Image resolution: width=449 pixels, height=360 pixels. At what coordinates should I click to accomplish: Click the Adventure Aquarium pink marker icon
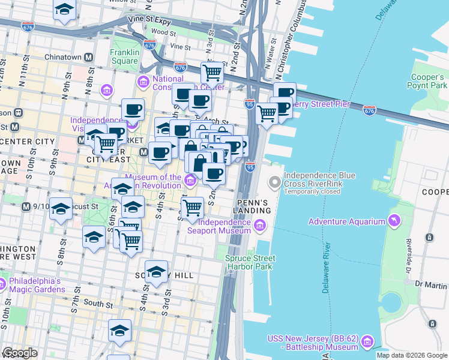tap(394, 221)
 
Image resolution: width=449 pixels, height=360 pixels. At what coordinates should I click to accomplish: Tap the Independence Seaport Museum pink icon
tap(259, 226)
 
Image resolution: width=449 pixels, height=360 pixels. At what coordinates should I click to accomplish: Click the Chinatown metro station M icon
tap(89, 58)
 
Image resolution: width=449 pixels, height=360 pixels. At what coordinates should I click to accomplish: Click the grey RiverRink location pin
tap(275, 181)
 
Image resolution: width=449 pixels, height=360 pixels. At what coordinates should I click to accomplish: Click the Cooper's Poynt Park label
tap(429, 81)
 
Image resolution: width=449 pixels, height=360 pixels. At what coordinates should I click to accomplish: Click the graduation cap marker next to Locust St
tap(61, 208)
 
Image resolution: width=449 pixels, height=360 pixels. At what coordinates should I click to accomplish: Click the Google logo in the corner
tap(20, 353)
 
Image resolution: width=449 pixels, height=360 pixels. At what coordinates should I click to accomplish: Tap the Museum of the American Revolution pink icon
tap(190, 179)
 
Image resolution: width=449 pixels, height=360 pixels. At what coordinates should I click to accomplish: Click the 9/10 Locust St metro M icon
tap(26, 206)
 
